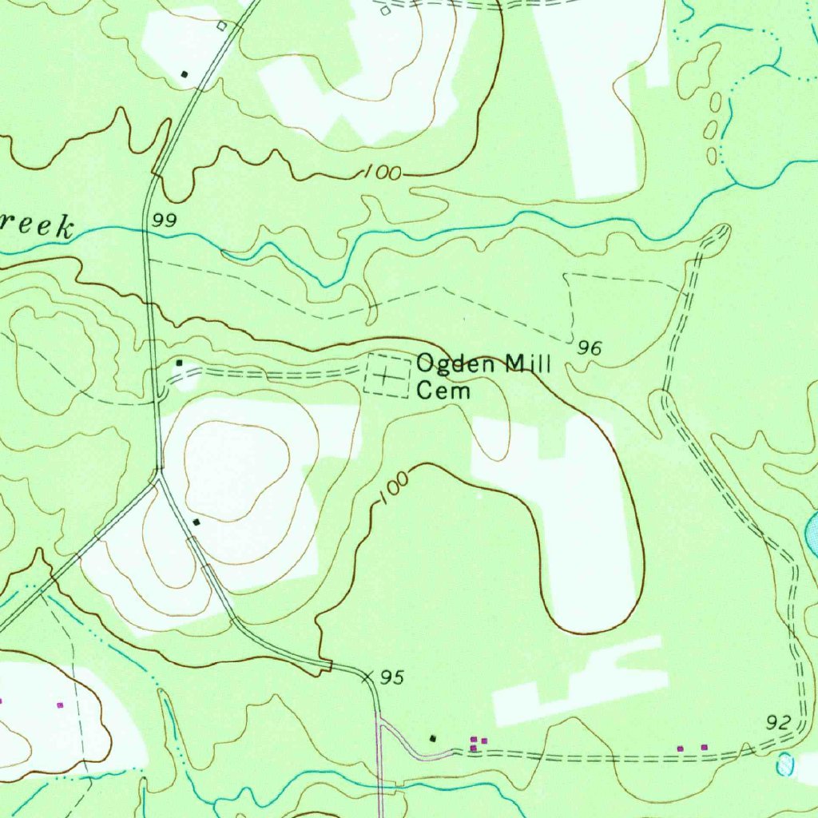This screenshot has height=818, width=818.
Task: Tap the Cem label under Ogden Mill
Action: [443, 391]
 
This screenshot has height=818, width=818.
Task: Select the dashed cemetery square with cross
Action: [387, 375]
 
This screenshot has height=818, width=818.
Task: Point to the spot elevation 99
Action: [165, 221]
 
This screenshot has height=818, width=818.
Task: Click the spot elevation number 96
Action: [590, 347]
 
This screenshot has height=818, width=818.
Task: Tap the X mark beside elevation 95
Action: [367, 677]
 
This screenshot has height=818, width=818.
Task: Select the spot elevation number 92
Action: [777, 723]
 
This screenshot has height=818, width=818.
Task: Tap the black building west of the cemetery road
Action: [180, 363]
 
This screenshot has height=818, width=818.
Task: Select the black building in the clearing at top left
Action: [185, 74]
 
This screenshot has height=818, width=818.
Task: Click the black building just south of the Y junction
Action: [197, 522]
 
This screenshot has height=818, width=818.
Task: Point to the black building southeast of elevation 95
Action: [434, 738]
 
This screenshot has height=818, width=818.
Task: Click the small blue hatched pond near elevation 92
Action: [787, 766]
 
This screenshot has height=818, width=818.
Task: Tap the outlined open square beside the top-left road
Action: [222, 26]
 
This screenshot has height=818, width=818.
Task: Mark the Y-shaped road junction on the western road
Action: [158, 479]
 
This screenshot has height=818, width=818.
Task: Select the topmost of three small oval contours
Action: [716, 101]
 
